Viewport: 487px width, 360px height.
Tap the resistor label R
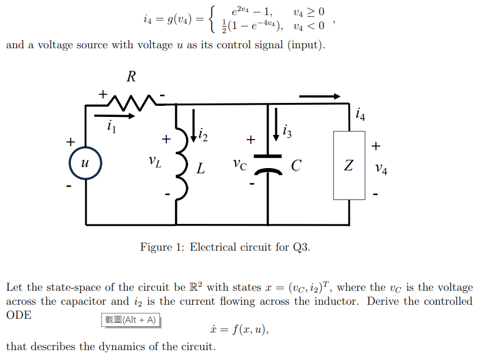coord(131,76)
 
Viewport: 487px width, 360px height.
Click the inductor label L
coord(200,169)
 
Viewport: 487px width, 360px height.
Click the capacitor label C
coord(296,166)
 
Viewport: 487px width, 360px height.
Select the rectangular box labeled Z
coord(348,165)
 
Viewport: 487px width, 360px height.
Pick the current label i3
coord(287,132)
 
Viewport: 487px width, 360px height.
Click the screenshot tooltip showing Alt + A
coord(131,320)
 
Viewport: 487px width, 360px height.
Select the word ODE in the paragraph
coord(19,315)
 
